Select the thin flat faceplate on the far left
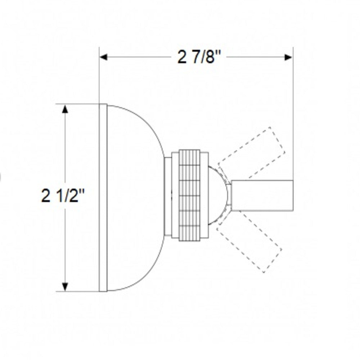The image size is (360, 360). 103,198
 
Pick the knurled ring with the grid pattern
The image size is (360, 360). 189,195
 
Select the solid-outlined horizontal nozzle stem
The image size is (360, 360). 262,195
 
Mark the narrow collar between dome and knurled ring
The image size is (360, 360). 168,197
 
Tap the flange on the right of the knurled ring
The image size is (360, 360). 204,195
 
